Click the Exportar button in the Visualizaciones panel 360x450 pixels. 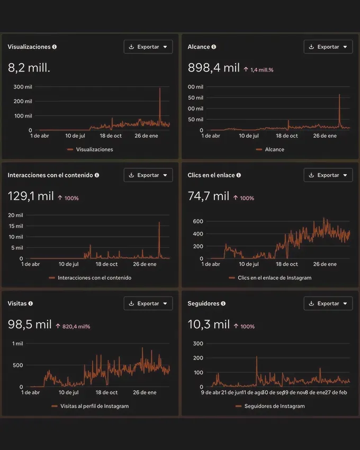tap(148, 47)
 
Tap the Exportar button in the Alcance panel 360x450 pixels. tap(328, 47)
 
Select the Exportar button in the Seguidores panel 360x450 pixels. tap(328, 303)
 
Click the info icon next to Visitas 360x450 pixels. tap(31, 303)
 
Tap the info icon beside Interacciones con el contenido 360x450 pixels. tap(97, 175)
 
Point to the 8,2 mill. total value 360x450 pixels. tap(29, 68)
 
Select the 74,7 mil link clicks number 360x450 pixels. tap(209, 196)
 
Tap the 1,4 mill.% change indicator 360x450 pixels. tap(258, 70)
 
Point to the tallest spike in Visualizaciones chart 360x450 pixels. tap(160, 89)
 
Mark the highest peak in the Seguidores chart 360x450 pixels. tap(257, 357)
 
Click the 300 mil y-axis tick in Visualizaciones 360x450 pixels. tap(23, 87)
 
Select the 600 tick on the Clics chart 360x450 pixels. tap(198, 221)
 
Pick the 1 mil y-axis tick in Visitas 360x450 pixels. tap(18, 344)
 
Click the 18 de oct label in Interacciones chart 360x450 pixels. tap(106, 264)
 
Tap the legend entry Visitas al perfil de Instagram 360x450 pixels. tap(90, 406)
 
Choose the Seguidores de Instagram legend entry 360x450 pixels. tap(270, 406)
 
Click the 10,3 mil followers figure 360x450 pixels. tap(209, 325)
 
